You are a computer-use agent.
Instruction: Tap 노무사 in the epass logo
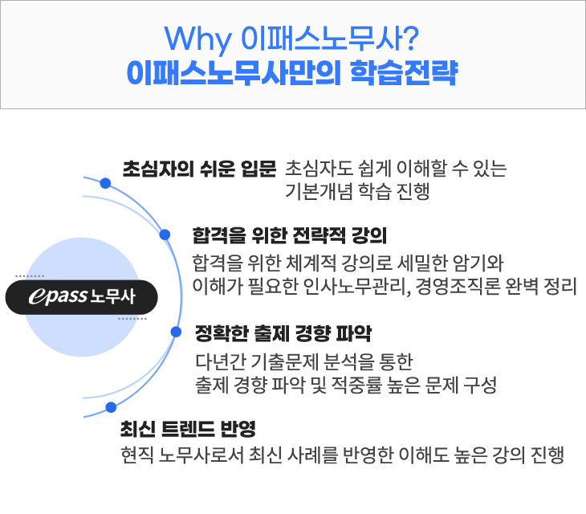pos(113,297)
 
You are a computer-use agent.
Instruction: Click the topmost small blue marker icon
pos(104,183)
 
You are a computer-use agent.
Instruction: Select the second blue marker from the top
pos(165,235)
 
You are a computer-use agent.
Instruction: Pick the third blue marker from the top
pos(176,332)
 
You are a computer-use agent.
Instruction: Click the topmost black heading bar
pos(199,169)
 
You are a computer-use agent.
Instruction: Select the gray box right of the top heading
pos(396,179)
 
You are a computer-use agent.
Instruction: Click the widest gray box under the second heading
pos(384,275)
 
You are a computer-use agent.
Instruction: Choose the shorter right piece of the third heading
pos(333,333)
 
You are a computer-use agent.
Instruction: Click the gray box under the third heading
pos(345,373)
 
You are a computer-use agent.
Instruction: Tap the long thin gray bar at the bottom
pos(341,455)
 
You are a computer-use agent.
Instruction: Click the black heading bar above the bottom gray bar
pos(187,428)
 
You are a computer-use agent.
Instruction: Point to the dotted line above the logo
pos(29,275)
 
